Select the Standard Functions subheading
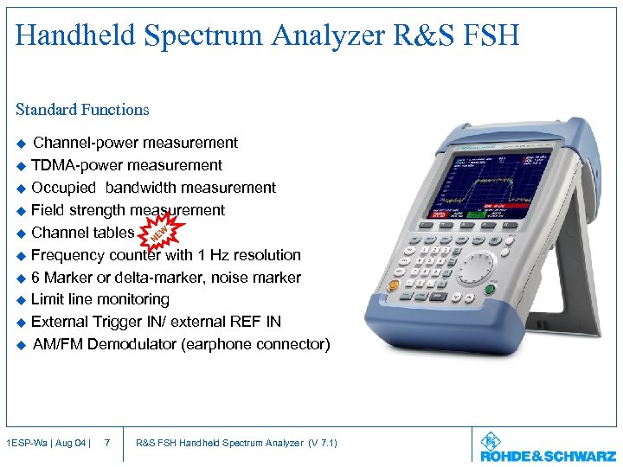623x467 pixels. point(82,110)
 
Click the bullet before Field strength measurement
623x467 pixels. point(22,210)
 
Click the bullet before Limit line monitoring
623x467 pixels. point(22,300)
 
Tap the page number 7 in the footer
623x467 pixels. point(106,444)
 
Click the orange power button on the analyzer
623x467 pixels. point(394,285)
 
